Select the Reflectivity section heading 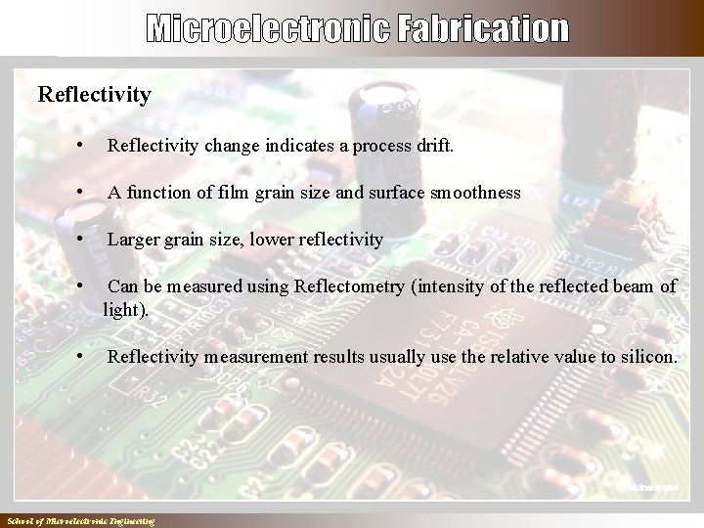(94, 95)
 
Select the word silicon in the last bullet (647, 357)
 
